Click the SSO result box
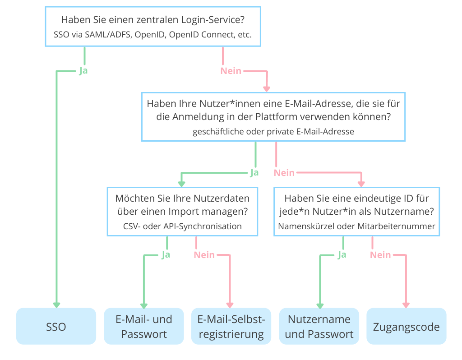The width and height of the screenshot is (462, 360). coord(56,327)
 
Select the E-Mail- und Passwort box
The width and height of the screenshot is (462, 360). coord(144,327)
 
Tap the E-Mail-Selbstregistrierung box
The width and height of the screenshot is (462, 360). coord(231,327)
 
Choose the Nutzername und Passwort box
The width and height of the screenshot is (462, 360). coord(319,327)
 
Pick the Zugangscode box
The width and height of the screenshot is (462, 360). coord(406,327)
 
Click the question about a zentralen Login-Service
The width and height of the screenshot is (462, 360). coord(153,20)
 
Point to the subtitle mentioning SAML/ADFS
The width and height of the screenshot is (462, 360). coord(153,35)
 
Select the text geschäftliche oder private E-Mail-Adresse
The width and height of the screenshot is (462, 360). coord(273,132)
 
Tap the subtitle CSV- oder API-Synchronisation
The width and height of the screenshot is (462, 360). coord(182,226)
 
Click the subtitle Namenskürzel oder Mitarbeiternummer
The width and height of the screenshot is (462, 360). coord(357,226)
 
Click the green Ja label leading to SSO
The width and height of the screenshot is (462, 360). coord(83,71)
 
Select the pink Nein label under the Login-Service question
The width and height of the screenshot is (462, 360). coord(231,71)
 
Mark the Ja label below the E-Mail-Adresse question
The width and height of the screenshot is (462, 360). coord(254,173)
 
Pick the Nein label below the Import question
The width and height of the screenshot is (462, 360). coord(204,255)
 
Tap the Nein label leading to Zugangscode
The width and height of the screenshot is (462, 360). coord(380,255)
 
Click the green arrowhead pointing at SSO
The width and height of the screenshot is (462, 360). coord(56,305)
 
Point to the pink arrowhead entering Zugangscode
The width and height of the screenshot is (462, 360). coord(406,305)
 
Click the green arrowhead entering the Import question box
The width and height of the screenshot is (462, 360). coord(182,184)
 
